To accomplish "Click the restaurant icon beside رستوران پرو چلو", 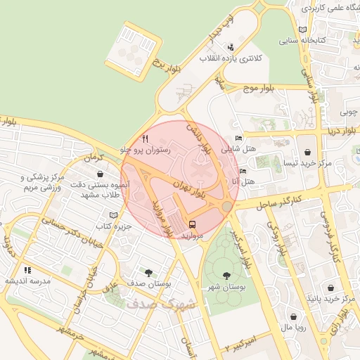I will [146, 139].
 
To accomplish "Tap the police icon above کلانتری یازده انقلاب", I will [231, 48].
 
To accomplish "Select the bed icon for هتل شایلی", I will [238, 138].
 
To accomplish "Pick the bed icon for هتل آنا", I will [243, 171].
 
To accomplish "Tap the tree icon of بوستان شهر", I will [226, 276].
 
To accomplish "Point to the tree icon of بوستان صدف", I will [148, 272].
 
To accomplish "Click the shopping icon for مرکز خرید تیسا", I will [307, 152].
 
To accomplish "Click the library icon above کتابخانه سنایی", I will [302, 30].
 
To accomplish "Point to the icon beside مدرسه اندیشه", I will [27, 269].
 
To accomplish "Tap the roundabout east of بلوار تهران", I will [226, 206].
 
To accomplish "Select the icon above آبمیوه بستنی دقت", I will [101, 173].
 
